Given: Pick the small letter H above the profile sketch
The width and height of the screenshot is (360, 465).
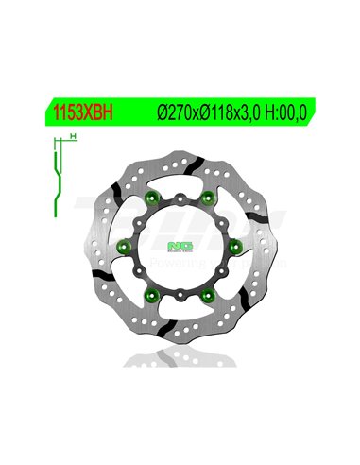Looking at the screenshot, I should click(73, 138).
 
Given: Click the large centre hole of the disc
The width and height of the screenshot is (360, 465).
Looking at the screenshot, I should click(180, 247).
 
